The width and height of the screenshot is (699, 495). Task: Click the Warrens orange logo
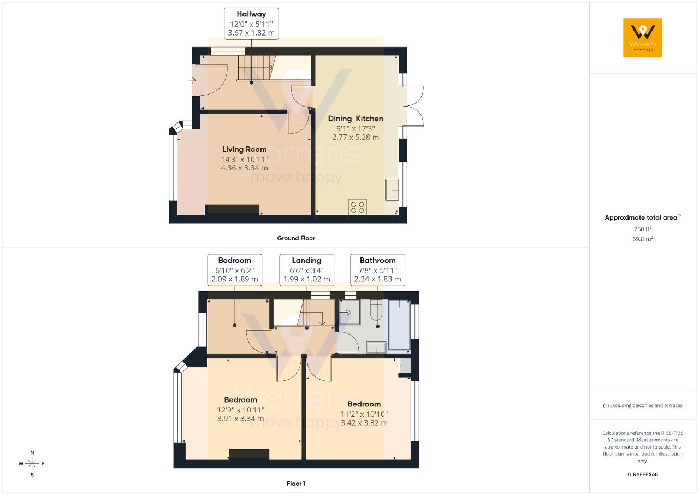tap(643, 38)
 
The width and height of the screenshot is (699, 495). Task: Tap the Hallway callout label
tap(251, 23)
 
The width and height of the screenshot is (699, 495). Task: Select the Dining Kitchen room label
tap(356, 119)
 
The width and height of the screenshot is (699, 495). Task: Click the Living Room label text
tap(244, 149)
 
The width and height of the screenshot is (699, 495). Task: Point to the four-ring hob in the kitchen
tap(357, 207)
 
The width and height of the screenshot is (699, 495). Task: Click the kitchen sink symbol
tap(392, 190)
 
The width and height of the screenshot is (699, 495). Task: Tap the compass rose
tap(32, 463)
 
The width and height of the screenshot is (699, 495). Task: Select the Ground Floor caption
tap(296, 238)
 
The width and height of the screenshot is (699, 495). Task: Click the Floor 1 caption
tap(296, 484)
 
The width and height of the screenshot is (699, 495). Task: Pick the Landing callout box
tap(306, 270)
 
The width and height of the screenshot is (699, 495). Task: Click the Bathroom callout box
tap(377, 270)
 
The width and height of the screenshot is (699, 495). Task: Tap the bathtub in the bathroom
tap(399, 325)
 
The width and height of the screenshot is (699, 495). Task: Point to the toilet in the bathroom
tap(376, 310)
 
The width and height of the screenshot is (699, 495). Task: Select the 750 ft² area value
tap(643, 229)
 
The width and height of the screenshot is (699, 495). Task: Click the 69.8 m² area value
tap(643, 239)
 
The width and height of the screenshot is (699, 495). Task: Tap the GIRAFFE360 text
tap(643, 474)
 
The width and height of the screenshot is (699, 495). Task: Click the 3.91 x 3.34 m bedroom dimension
tap(241, 418)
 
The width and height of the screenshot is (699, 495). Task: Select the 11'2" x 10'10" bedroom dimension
tap(364, 414)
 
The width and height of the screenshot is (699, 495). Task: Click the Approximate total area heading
tap(643, 217)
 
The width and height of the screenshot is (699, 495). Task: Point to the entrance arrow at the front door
tap(192, 81)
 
